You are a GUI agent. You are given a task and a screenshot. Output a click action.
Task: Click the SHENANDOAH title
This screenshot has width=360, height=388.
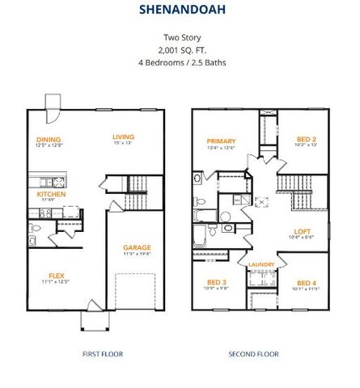click(180, 11)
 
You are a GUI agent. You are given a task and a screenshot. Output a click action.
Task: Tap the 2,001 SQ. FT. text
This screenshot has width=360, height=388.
click(180, 48)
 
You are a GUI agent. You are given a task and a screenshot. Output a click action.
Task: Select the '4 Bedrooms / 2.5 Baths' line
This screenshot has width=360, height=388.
click(180, 61)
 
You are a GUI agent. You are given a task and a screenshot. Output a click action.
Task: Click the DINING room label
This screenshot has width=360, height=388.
click(50, 138)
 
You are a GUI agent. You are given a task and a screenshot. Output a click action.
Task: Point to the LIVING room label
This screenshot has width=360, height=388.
click(123, 137)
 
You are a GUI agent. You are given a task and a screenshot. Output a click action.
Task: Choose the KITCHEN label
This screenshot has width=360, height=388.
click(50, 194)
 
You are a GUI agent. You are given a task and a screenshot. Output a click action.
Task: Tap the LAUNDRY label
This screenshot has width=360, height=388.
click(261, 264)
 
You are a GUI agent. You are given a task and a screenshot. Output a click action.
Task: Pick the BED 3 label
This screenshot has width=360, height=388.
click(217, 281)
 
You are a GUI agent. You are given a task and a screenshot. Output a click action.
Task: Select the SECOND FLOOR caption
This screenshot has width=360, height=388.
click(253, 354)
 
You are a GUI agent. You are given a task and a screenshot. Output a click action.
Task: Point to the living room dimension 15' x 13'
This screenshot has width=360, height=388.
click(123, 144)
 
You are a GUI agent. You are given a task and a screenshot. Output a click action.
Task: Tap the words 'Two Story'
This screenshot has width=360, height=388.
click(180, 37)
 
